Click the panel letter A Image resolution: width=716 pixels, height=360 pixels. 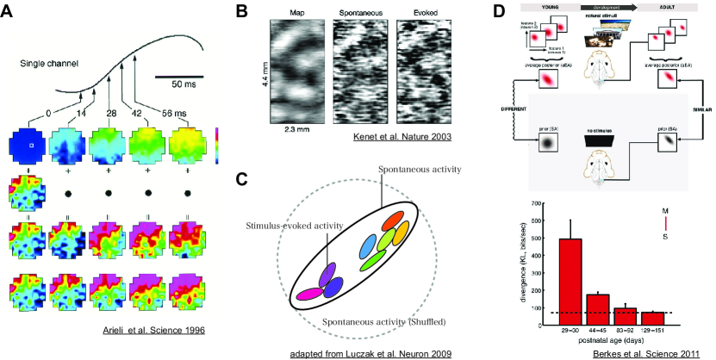point(10,12)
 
